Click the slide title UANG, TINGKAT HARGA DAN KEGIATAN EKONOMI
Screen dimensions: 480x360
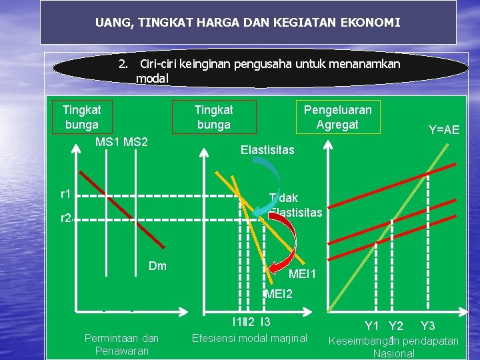pyautogui.click(x=248, y=23)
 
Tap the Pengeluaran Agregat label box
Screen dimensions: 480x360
pyautogui.click(x=337, y=117)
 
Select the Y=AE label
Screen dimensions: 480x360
pyautogui.click(x=443, y=130)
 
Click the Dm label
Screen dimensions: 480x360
pyautogui.click(x=158, y=267)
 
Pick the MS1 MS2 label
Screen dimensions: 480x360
pyautogui.click(x=121, y=142)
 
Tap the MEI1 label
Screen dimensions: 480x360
pyautogui.click(x=302, y=274)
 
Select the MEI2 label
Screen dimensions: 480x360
pyautogui.click(x=279, y=294)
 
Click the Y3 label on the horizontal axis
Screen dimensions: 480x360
pyautogui.click(x=428, y=326)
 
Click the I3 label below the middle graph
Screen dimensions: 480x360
pyautogui.click(x=265, y=323)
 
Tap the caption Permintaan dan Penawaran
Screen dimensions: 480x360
pyautogui.click(x=122, y=344)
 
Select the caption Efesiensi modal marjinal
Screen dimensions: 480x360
pyautogui.click(x=249, y=338)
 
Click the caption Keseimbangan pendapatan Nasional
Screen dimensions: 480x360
pyautogui.click(x=394, y=347)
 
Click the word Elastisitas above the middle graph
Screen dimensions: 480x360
pyautogui.click(x=267, y=150)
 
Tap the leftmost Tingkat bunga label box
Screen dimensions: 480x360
pyautogui.click(x=82, y=117)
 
